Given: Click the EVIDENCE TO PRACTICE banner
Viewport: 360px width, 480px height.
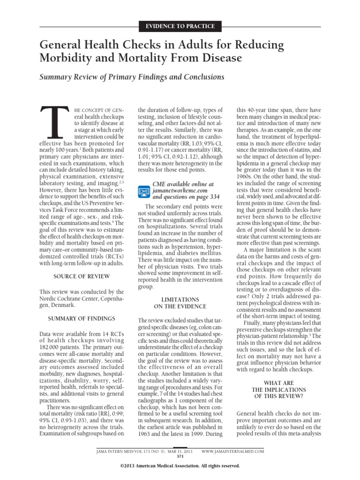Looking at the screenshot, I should [x=180, y=26].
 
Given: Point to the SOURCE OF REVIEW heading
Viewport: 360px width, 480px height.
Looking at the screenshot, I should [x=82, y=277].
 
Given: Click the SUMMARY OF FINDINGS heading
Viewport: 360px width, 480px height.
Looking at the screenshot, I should [x=82, y=318].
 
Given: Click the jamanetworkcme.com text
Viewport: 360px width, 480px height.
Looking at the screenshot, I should [x=180, y=191].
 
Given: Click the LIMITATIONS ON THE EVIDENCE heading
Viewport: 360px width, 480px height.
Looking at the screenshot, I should [x=180, y=302].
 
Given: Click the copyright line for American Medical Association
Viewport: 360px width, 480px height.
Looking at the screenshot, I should [x=180, y=466].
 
